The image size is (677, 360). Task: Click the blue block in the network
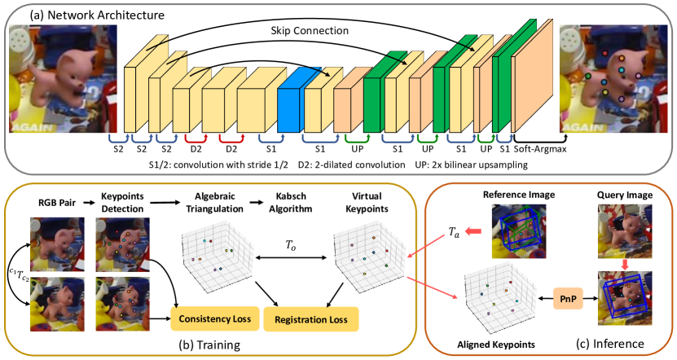[290, 104]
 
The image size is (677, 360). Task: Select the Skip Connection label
[308, 29]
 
